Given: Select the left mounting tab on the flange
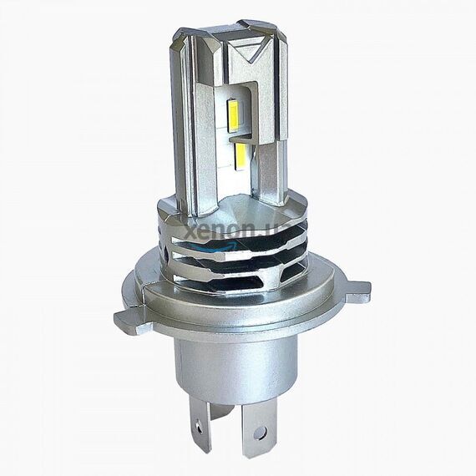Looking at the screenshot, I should (x=128, y=320).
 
